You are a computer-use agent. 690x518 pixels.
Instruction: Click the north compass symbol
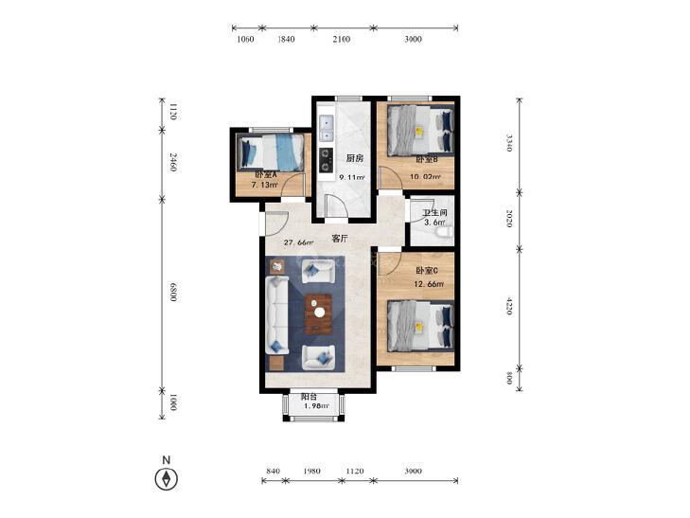[x=167, y=478]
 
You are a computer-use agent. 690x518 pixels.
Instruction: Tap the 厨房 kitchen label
[x=354, y=158]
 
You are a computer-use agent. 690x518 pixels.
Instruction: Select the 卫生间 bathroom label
[x=434, y=212]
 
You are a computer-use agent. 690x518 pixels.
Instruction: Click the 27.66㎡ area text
[x=298, y=242]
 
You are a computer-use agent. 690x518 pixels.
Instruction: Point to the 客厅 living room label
[x=340, y=239]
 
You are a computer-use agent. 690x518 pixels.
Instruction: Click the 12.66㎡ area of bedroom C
[x=429, y=284]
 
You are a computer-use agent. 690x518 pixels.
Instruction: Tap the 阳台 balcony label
[x=309, y=397]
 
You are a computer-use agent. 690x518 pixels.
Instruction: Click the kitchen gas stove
[x=326, y=160]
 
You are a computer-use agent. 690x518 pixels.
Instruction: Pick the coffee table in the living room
[x=318, y=313]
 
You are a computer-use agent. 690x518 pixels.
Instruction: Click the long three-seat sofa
[x=276, y=314]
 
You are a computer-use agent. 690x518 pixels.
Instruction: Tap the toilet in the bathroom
[x=446, y=231]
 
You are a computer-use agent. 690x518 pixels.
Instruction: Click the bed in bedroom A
[x=271, y=152]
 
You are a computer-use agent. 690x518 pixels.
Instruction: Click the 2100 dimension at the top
[x=342, y=39]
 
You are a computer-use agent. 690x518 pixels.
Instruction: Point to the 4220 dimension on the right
[x=508, y=306]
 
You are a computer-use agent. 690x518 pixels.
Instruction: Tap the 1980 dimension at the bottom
[x=311, y=471]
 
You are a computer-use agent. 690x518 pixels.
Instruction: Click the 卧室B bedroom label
[x=427, y=160]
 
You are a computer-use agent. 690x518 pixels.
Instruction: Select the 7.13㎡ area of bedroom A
[x=264, y=186]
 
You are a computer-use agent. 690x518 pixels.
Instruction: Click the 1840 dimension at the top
[x=286, y=39]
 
